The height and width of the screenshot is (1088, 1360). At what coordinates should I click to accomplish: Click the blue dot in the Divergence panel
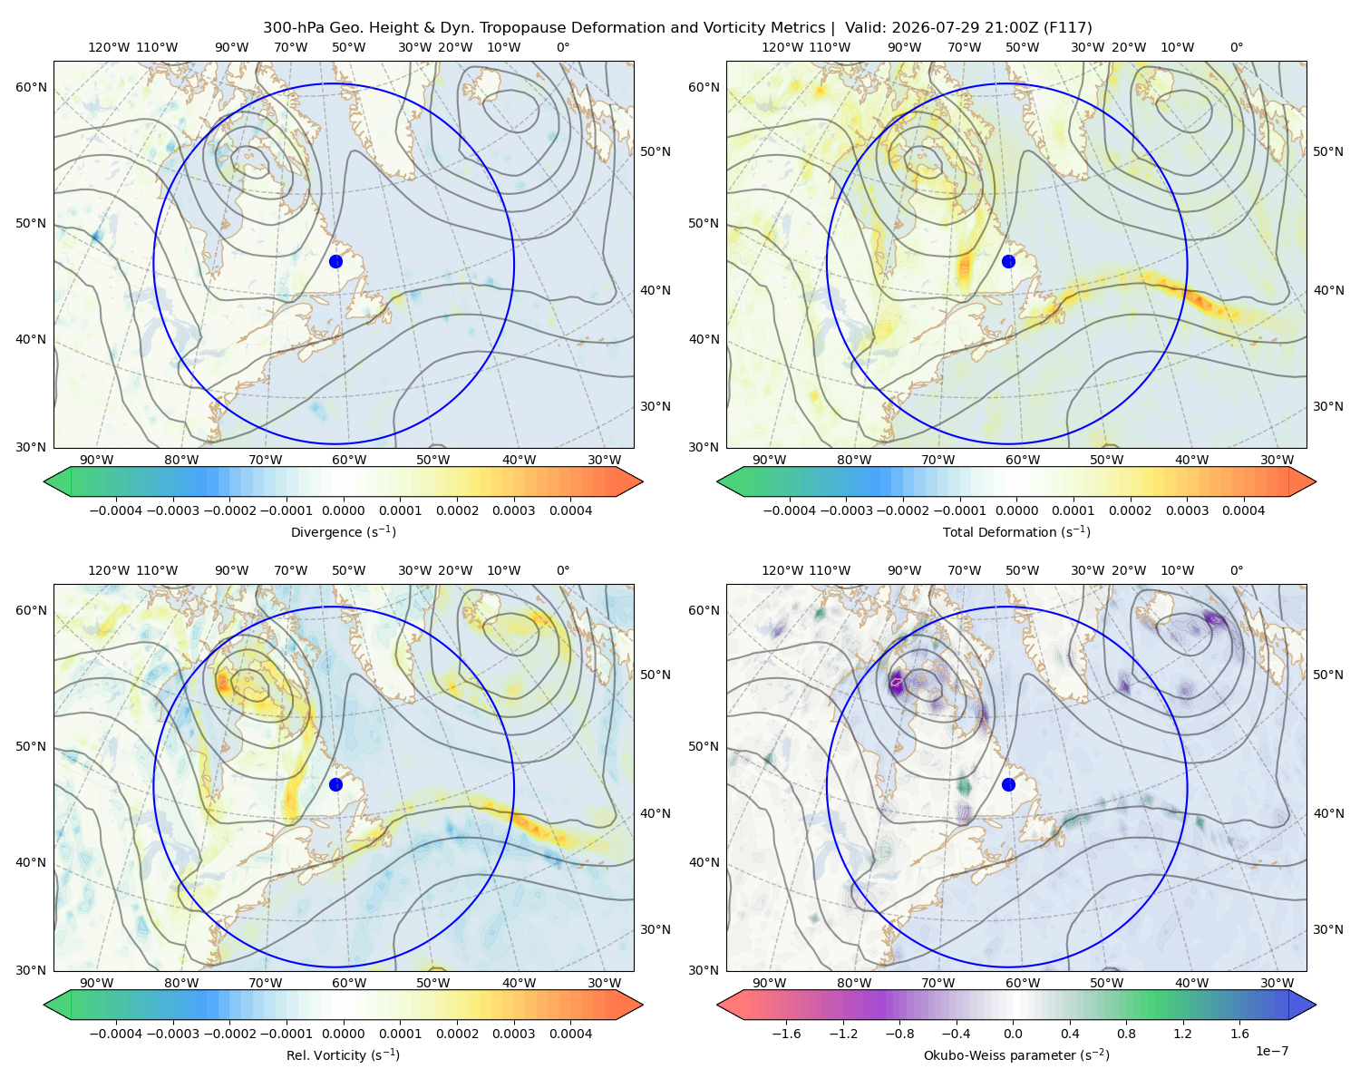click(x=335, y=261)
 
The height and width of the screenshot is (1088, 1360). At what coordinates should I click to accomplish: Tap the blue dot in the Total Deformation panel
click(x=1008, y=261)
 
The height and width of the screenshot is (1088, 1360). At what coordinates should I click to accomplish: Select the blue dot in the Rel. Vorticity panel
click(x=335, y=784)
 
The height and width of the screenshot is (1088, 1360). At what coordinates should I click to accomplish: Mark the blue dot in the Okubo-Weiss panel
click(x=1008, y=784)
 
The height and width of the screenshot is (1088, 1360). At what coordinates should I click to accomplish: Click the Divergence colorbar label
click(x=343, y=531)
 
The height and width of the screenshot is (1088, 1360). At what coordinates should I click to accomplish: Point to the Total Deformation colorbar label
click(x=1016, y=531)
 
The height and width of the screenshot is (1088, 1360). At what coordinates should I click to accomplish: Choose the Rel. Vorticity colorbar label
click(x=343, y=1054)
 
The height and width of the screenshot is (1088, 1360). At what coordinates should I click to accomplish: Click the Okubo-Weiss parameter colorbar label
click(x=1016, y=1054)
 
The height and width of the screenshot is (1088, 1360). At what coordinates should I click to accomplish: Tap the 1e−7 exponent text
click(x=1271, y=1051)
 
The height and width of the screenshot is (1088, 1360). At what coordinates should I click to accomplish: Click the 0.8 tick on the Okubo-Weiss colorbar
click(x=1126, y=1033)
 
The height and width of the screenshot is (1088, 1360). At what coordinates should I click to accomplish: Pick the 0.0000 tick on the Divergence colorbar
click(x=343, y=510)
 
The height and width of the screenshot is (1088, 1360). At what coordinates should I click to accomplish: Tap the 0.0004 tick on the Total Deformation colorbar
click(x=1244, y=510)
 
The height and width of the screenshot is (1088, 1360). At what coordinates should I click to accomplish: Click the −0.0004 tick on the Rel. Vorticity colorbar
click(x=116, y=1033)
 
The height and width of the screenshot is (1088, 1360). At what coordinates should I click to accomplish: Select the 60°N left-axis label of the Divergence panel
click(x=31, y=87)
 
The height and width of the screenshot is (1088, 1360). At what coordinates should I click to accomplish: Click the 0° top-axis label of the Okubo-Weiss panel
click(x=1237, y=570)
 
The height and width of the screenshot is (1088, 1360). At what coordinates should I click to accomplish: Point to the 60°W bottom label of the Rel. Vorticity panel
click(x=349, y=983)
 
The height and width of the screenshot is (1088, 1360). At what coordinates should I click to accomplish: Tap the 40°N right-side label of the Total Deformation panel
click(x=1328, y=290)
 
